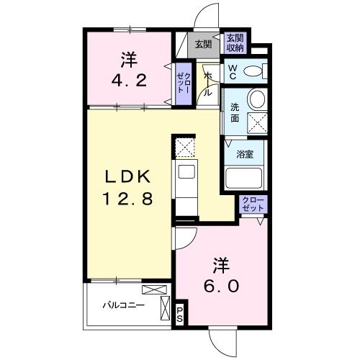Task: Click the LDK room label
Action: (x=130, y=176)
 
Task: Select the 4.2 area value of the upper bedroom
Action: (x=130, y=79)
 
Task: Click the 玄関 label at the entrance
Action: (x=203, y=44)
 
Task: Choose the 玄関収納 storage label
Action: (x=235, y=43)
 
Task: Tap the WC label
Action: (x=233, y=71)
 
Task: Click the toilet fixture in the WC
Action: (x=253, y=71)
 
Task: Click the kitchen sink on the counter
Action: (x=186, y=171)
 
